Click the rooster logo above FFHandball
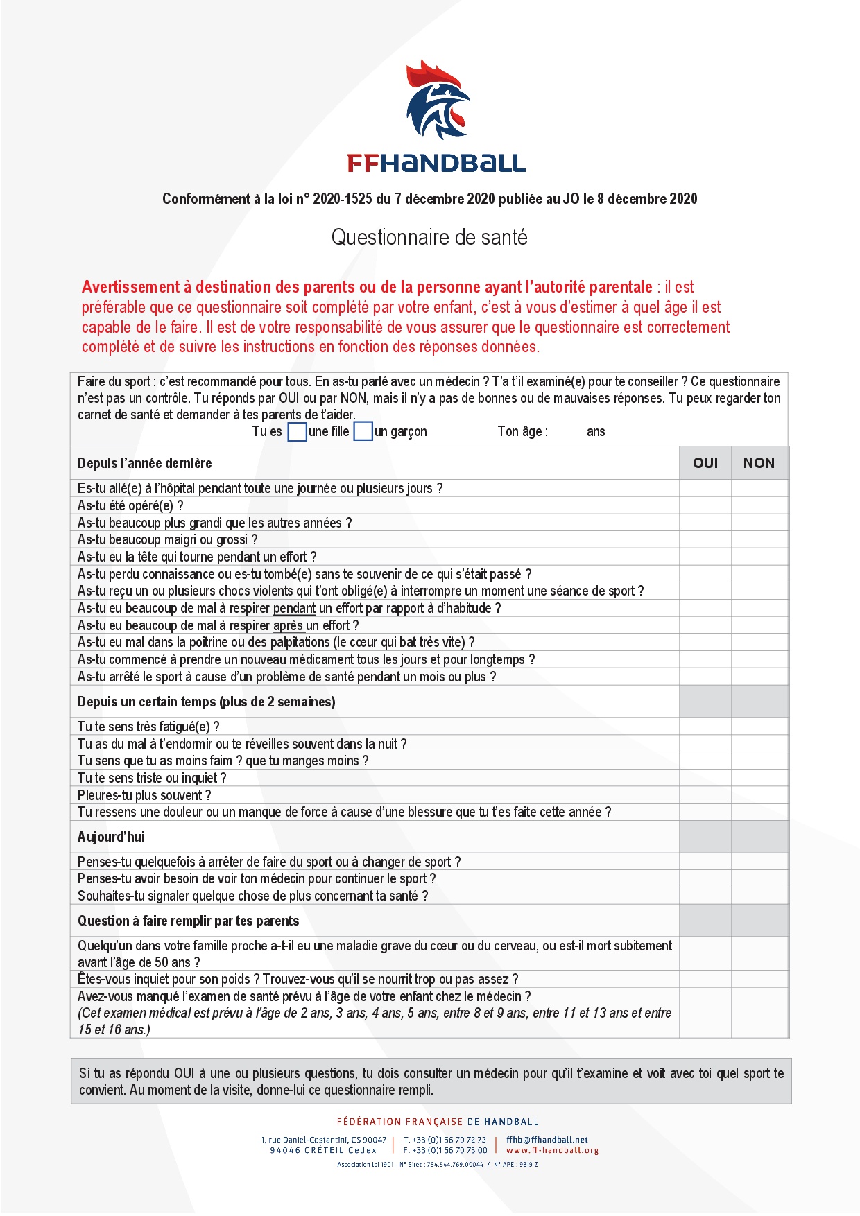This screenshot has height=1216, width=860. point(437,101)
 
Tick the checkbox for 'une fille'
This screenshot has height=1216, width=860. point(297,432)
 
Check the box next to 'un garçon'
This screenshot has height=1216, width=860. point(363,431)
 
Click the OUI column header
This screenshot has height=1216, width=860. point(705,463)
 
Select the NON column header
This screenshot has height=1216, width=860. point(759,463)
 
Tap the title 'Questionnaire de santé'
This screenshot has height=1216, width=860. point(429,238)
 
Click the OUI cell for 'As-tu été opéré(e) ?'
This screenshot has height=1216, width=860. point(705,505)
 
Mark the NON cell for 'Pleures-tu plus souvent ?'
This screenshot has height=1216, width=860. point(759,795)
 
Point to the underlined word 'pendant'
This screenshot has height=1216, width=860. point(294,609)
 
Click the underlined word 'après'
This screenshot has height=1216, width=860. point(288,625)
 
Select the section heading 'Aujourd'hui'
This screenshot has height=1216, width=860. point(111,837)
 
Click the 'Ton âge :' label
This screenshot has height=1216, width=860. point(522,432)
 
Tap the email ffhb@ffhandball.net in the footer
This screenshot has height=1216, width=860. point(547,1140)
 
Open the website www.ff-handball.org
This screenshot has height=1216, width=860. point(552,1150)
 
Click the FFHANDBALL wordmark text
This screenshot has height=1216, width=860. point(436,164)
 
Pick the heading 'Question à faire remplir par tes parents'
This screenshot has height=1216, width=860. point(188,921)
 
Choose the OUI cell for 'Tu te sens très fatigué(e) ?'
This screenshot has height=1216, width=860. point(705,727)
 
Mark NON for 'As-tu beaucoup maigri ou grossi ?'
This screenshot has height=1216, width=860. point(759,539)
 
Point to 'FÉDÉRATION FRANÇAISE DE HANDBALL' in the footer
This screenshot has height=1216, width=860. point(438,1122)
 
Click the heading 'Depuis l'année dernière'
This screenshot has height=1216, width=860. point(144,463)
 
